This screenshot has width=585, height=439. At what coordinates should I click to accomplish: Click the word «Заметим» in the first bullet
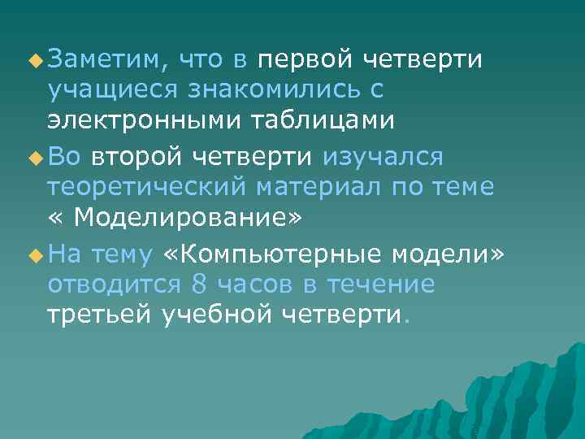(x=106, y=59)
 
